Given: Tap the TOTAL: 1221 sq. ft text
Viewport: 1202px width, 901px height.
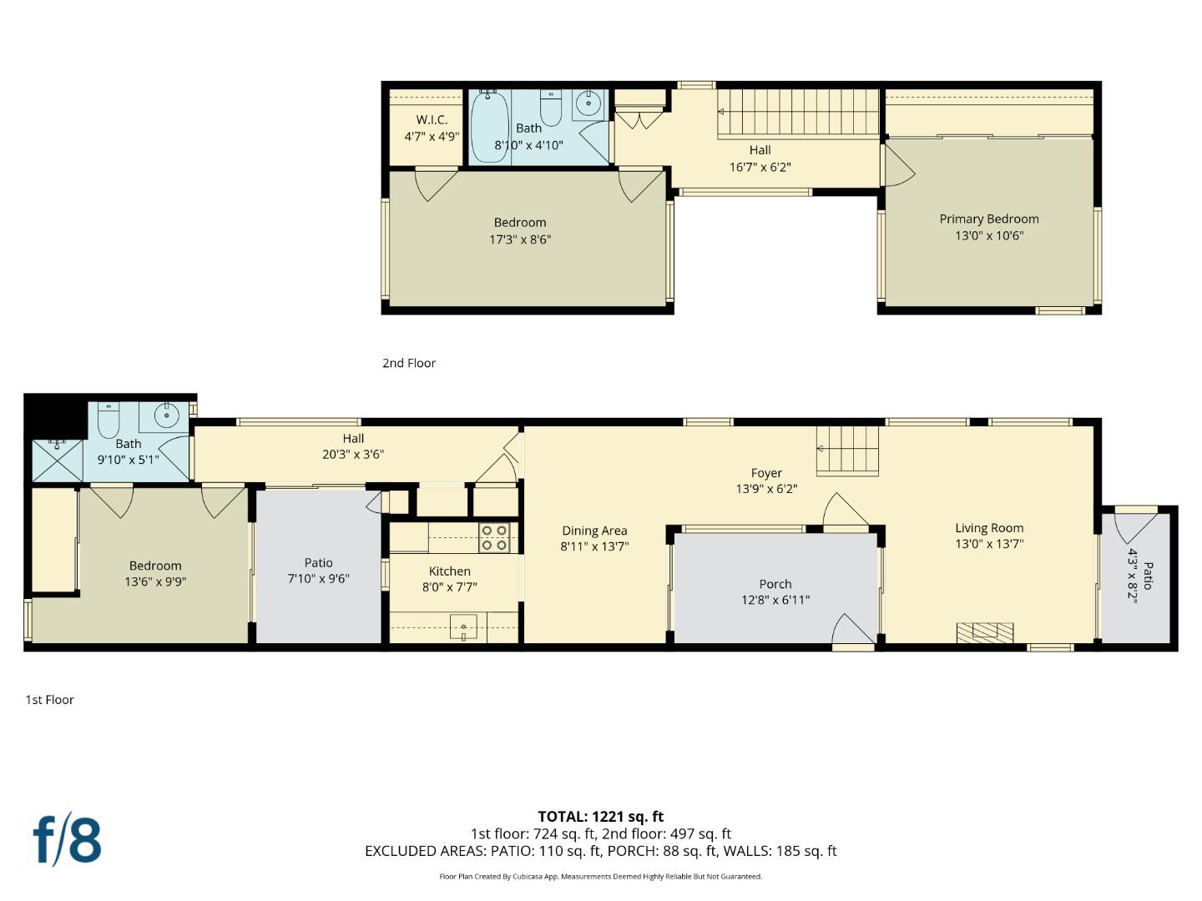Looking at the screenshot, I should [x=600, y=817].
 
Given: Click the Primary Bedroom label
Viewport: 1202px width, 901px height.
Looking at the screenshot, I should [x=989, y=219].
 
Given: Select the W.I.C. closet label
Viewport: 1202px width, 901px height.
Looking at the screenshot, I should [x=432, y=120].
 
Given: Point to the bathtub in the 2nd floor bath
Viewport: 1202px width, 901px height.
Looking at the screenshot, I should [x=489, y=127].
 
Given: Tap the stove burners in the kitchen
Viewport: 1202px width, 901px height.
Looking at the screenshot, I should [x=494, y=538].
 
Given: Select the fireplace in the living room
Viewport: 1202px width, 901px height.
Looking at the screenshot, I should [x=985, y=632].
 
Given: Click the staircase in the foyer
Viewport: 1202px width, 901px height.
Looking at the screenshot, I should [x=847, y=450].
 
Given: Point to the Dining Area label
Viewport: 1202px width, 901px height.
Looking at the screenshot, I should [x=594, y=531].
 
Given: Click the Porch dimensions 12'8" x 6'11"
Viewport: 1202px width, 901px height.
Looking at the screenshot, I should [x=775, y=600].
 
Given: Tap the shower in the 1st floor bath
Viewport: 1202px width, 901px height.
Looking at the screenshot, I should [x=57, y=460].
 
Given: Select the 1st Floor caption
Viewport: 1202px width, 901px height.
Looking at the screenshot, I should [x=49, y=700].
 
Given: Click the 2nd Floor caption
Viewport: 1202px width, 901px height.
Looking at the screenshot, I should [x=409, y=363].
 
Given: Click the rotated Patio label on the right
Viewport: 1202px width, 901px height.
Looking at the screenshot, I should [x=1148, y=576].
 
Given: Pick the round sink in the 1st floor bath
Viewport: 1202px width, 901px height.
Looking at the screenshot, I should [x=168, y=414].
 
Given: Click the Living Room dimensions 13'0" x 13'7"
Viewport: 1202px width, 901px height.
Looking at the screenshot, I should [x=989, y=544].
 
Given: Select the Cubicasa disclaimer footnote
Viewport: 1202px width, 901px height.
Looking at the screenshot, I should [x=600, y=877].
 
